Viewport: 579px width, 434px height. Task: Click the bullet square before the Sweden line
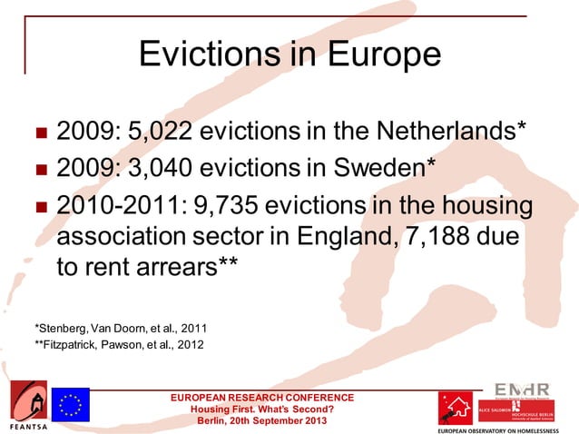40,169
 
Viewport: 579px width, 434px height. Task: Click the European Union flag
70,402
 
